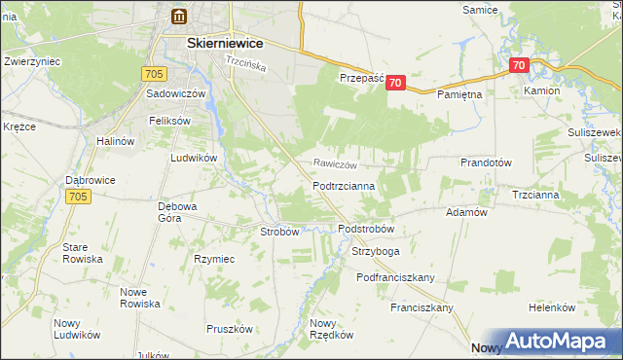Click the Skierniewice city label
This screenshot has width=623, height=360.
point(211,43)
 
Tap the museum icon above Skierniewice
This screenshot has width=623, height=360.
point(179,16)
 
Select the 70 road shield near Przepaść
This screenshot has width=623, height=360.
point(394,84)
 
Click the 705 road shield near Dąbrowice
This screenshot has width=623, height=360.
point(80,197)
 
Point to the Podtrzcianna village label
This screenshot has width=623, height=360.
point(351,185)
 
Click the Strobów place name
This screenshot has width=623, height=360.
point(279,232)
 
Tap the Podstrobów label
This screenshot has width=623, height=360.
point(366,229)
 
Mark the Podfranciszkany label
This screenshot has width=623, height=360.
point(395,277)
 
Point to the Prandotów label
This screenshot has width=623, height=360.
point(486,162)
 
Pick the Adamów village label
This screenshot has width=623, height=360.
point(465,211)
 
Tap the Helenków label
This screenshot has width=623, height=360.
point(553,307)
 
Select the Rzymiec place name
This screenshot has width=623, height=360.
point(214,259)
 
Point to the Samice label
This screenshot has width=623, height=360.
point(479,9)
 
